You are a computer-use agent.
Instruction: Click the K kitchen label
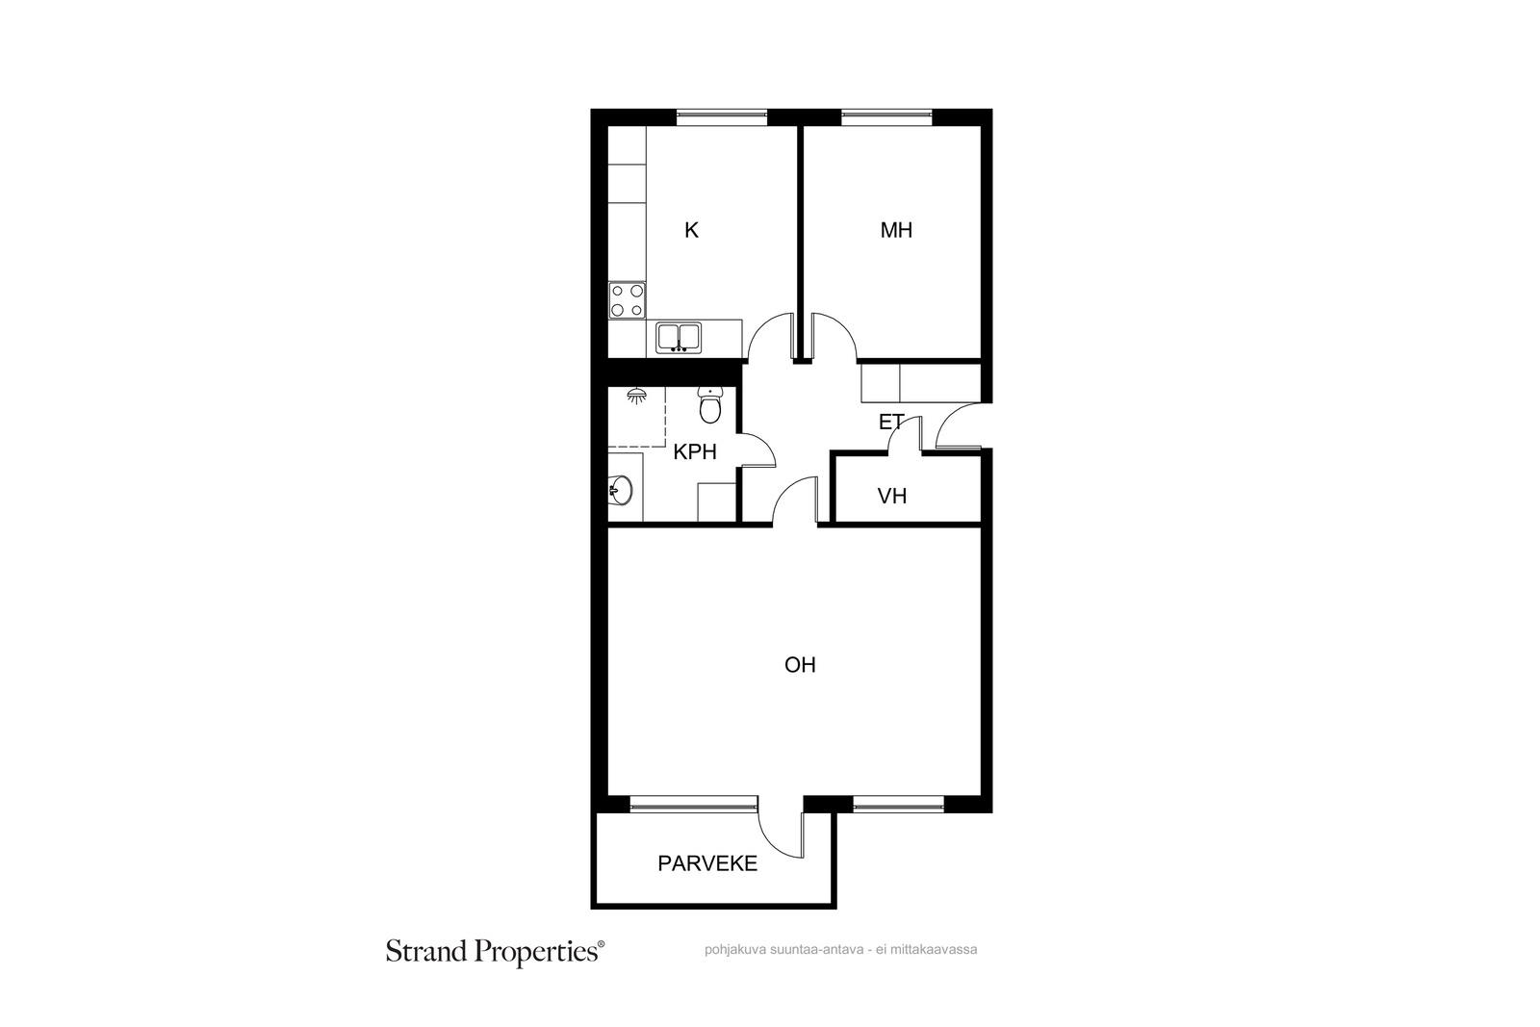691,230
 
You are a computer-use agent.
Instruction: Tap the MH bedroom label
896,230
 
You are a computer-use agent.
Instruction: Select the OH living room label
800,665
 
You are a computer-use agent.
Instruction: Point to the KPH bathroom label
694,451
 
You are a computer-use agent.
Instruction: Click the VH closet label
891,496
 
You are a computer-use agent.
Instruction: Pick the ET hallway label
891,423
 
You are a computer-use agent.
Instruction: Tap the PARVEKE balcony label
707,863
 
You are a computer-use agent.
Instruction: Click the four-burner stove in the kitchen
627,300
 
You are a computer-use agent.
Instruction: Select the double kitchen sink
679,338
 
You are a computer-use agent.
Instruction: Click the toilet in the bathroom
710,405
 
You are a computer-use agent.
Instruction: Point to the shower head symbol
637,396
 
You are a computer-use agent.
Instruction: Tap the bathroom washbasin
621,490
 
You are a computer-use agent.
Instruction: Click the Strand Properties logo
495,952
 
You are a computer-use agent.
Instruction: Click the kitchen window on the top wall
721,117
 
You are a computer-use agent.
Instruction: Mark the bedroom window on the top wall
886,117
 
